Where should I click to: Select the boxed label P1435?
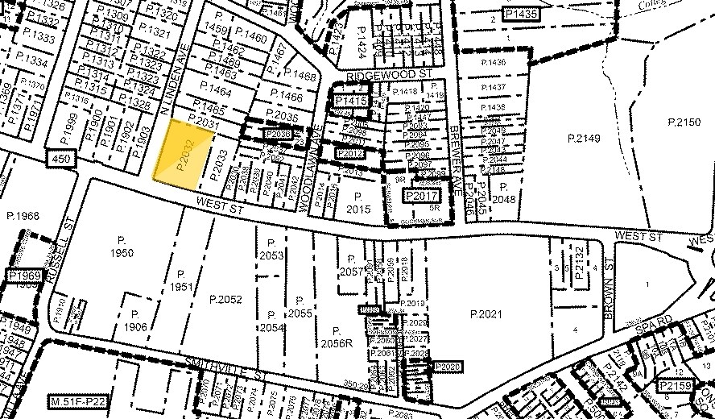(x=519, y=14)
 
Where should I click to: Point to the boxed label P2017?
(x=420, y=196)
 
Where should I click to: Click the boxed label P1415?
(x=350, y=100)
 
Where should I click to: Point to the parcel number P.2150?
(x=685, y=122)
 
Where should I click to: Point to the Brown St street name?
(x=610, y=286)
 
